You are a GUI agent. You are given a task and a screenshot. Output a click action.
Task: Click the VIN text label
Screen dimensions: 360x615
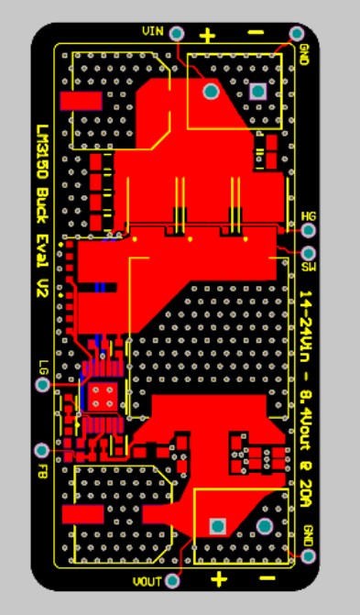(x=153, y=32)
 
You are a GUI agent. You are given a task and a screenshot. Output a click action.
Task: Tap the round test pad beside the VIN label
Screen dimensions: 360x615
(x=176, y=33)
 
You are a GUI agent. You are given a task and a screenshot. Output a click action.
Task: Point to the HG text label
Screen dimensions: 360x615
(x=309, y=216)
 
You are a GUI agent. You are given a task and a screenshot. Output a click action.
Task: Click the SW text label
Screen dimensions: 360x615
(x=308, y=267)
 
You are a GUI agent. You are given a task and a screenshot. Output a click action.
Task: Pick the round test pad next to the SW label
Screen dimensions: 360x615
(x=308, y=252)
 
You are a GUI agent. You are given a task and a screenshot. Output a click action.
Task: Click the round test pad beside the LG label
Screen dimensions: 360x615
(x=42, y=385)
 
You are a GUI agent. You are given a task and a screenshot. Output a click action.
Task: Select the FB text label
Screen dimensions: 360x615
(x=42, y=471)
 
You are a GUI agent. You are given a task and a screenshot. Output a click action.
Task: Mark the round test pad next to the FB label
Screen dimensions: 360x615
(x=41, y=451)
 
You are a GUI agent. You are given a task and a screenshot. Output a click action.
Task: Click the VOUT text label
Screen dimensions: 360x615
(x=147, y=581)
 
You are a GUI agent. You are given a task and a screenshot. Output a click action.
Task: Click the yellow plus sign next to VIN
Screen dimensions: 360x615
(x=208, y=36)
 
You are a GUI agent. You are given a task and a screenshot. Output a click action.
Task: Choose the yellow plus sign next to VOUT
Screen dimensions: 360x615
(x=219, y=579)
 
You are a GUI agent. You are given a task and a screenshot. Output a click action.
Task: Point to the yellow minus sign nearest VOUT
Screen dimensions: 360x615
(x=267, y=579)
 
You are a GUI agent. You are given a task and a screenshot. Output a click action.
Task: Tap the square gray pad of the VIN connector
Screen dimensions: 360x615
(x=257, y=91)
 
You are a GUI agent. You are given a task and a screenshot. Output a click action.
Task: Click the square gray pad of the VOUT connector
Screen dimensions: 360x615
(x=218, y=526)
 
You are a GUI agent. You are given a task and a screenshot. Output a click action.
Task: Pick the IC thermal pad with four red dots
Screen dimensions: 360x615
(x=101, y=396)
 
